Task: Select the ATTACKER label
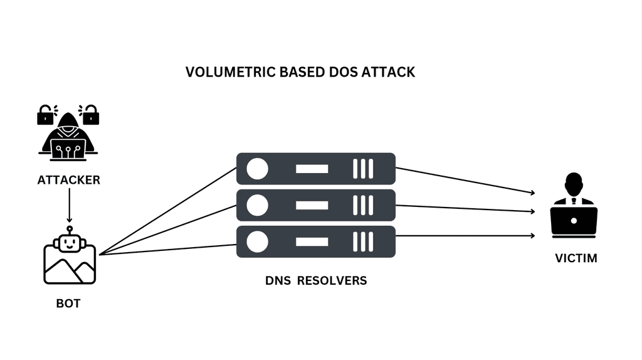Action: click(68, 180)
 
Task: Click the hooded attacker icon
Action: click(68, 135)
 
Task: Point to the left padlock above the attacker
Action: click(46, 114)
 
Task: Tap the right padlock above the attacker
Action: click(90, 114)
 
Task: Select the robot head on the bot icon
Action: click(69, 241)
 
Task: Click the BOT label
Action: click(68, 304)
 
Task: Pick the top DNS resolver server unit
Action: click(315, 169)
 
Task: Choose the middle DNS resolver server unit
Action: click(315, 205)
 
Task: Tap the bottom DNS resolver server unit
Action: click(315, 241)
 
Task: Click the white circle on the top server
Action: click(257, 169)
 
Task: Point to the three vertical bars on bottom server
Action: click(362, 241)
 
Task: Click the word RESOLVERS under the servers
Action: click(332, 280)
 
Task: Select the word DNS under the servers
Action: click(278, 280)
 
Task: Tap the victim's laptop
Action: click(574, 221)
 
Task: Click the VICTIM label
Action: click(576, 258)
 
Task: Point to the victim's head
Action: click(574, 183)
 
